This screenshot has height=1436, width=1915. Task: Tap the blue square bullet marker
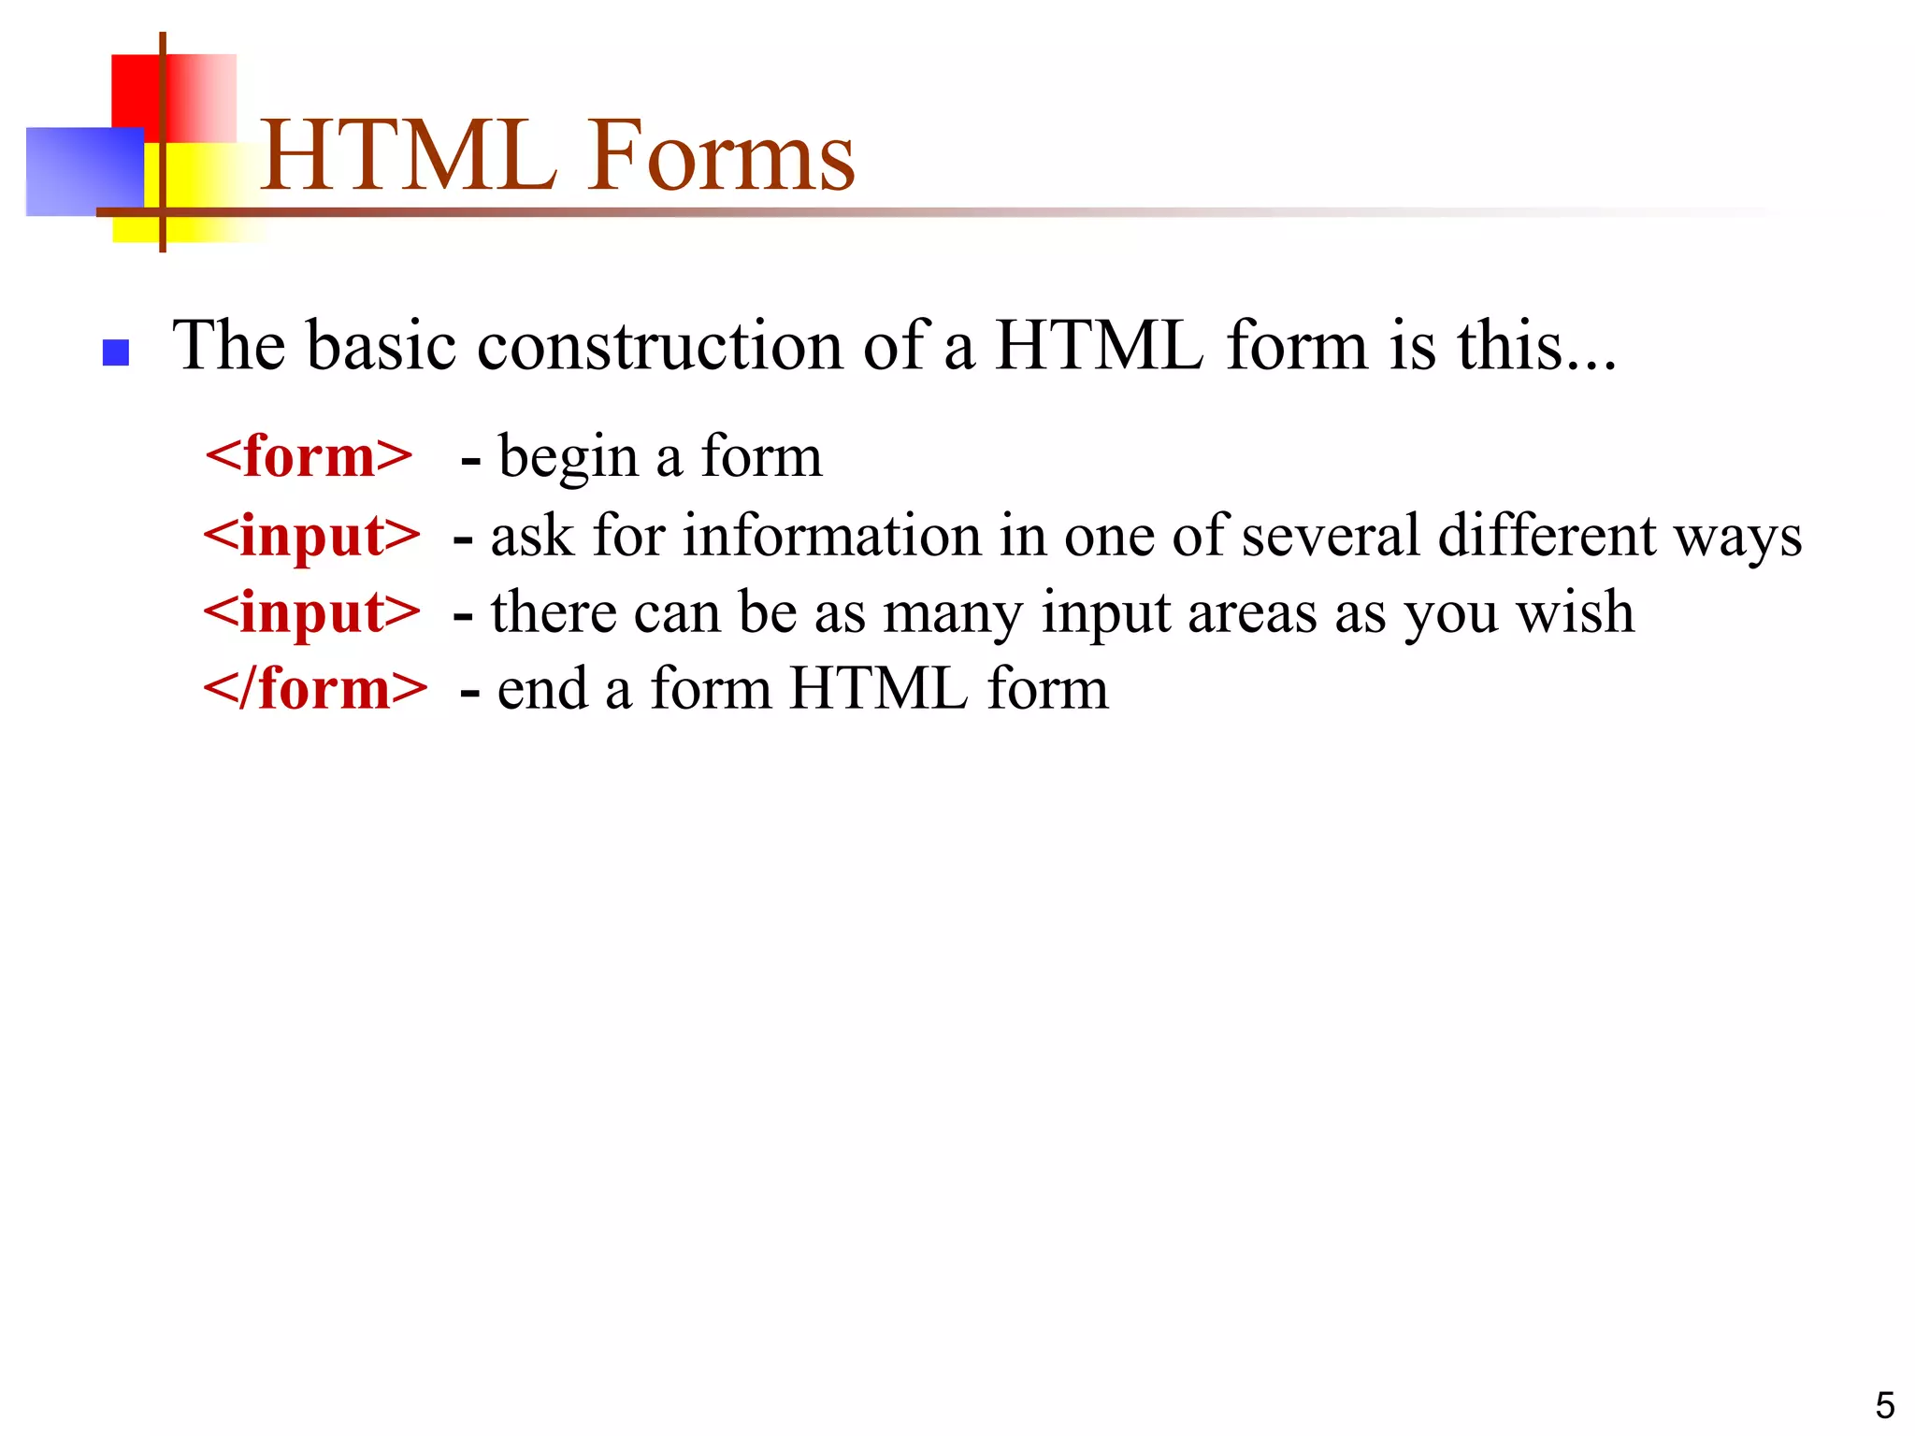(115, 352)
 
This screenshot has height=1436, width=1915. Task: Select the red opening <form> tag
(309, 456)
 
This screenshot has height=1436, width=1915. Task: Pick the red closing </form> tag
(316, 689)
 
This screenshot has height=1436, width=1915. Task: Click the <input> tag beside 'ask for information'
(312, 537)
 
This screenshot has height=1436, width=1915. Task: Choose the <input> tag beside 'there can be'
(312, 613)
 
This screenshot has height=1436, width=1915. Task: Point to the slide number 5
(1884, 1405)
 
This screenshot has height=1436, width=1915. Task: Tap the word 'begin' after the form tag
(568, 458)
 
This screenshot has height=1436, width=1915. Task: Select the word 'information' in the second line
(832, 536)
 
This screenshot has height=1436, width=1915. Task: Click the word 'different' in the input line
(1547, 536)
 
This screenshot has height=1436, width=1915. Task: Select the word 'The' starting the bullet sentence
(229, 346)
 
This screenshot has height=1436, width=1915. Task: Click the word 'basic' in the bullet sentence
(383, 346)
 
